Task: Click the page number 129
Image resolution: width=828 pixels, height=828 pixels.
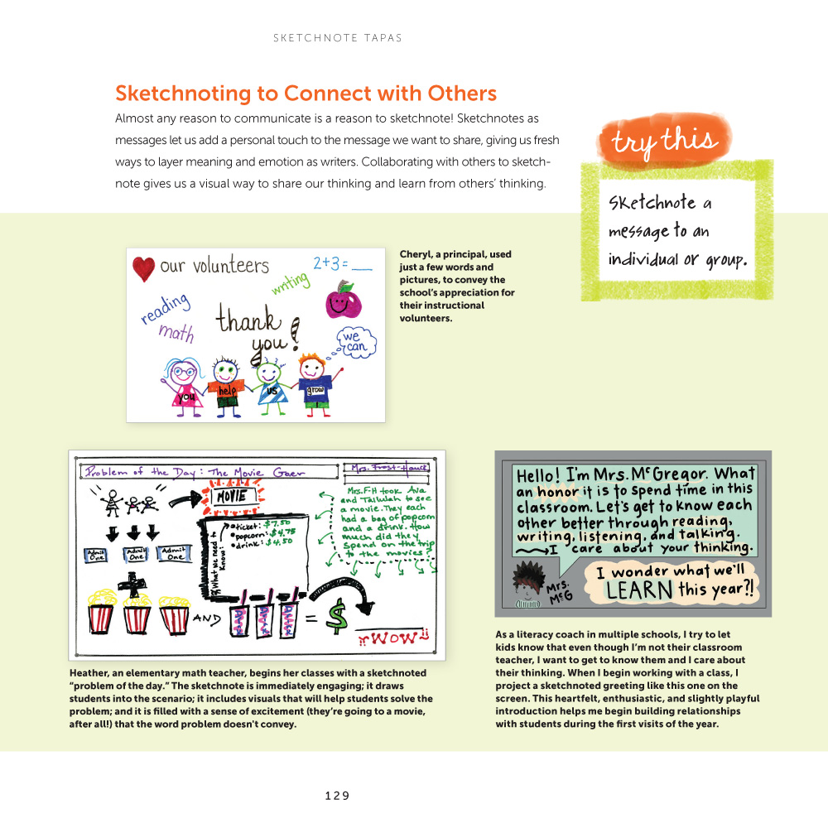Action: pos(337,796)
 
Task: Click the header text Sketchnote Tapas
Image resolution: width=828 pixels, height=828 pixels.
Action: pos(337,38)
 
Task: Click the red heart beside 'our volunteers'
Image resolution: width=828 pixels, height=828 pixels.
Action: pos(143,268)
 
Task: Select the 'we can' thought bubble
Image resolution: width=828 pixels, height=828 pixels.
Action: pos(352,343)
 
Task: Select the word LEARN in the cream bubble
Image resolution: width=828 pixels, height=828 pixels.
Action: pos(638,590)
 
